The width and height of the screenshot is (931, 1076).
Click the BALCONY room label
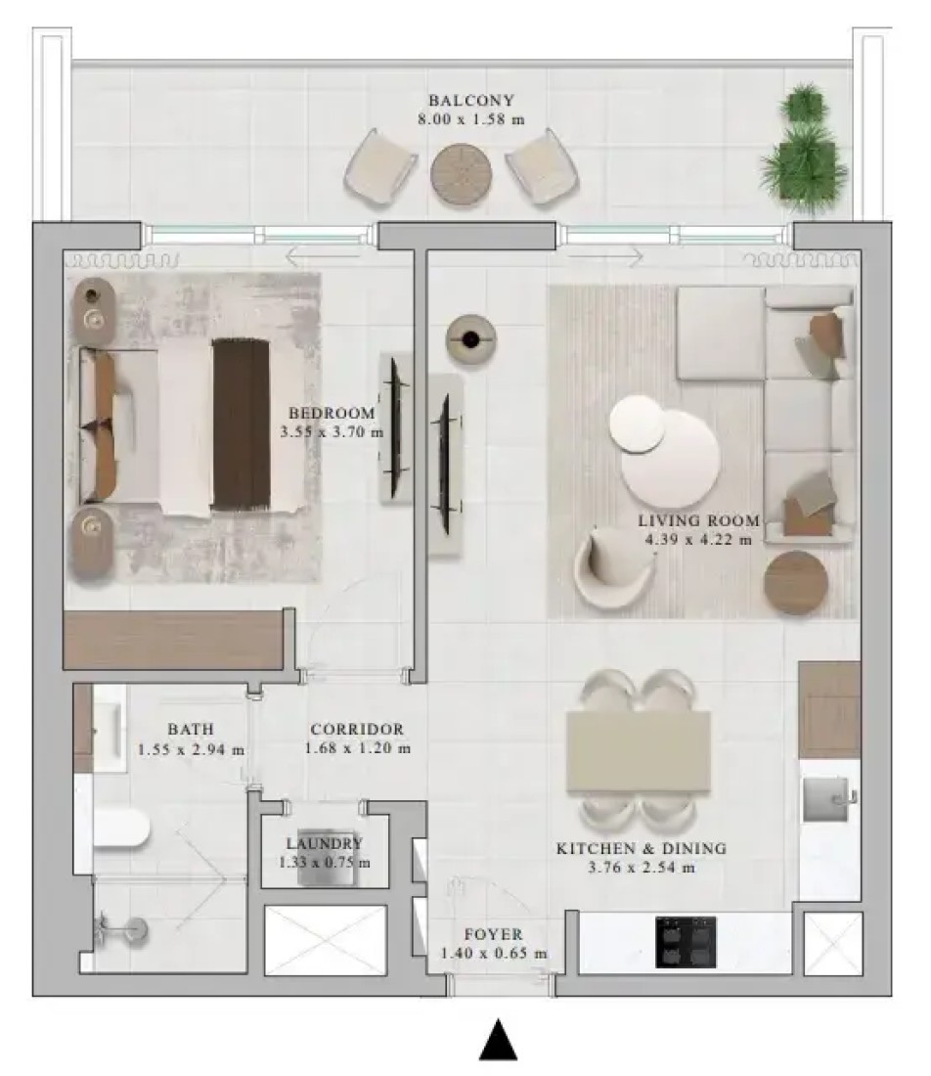point(470,100)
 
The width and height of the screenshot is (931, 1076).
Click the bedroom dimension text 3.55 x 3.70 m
point(332,432)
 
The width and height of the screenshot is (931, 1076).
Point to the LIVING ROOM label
point(698,520)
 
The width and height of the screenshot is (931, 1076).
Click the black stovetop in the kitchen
point(686,942)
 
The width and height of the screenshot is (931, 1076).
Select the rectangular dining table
point(638,752)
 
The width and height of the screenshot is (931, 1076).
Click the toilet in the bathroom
point(120,829)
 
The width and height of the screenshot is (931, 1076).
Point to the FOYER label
point(493,934)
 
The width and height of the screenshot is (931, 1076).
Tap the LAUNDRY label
point(324,843)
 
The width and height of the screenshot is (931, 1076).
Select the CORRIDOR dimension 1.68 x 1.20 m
point(358,748)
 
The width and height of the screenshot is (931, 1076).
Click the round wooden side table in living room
point(796,583)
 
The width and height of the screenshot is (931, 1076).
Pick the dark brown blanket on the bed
point(241,425)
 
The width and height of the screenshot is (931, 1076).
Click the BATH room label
point(191,729)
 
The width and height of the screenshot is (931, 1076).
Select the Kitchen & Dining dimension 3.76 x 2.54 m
point(642,868)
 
